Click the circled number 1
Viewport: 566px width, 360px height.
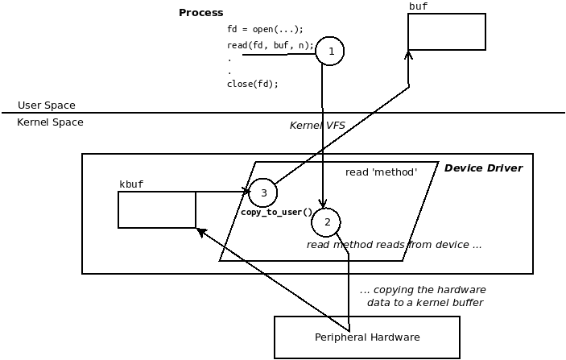330,51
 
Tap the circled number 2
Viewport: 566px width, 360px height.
326,222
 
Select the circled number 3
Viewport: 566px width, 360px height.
263,192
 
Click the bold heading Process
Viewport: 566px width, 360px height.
201,13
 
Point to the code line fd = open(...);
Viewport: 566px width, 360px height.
266,29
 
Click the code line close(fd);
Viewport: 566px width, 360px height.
253,84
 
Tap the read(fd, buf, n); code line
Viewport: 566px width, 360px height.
271,45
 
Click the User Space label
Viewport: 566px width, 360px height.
47,105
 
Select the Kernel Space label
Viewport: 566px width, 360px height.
50,122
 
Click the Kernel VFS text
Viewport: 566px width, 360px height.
317,126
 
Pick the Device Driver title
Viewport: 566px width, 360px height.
483,168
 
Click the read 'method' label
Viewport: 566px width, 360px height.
381,172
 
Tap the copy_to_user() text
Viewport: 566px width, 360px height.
276,212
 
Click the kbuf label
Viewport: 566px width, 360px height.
131,184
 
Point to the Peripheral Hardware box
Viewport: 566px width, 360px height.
367,337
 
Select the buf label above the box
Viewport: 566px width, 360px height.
419,6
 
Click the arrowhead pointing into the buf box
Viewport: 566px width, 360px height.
408,55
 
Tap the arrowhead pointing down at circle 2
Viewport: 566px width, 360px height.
323,204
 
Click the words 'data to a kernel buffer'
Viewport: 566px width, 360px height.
425,302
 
